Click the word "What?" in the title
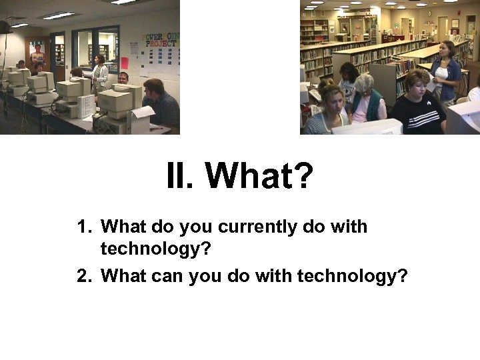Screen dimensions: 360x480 (259, 176)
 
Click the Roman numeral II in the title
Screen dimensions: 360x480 (179, 176)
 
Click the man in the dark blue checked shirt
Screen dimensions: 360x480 (160, 103)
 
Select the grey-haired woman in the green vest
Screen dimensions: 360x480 (366, 100)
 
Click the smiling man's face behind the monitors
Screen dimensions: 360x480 (123, 78)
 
